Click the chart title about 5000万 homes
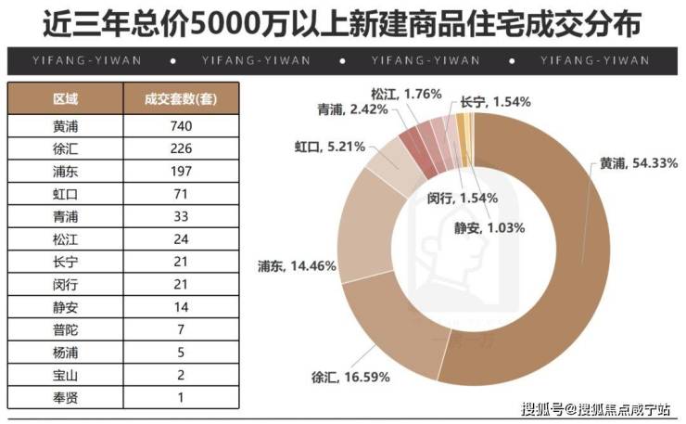(343, 23)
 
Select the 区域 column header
(65, 98)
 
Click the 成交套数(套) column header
(181, 98)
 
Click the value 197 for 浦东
(181, 172)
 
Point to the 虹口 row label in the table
(65, 194)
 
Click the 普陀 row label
(65, 329)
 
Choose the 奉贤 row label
(65, 397)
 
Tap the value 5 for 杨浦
(181, 353)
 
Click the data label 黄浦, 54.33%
(633, 163)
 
